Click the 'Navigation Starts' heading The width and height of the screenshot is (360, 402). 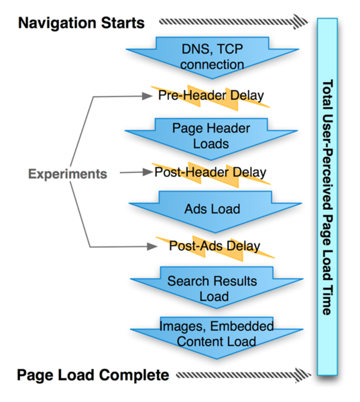(81, 23)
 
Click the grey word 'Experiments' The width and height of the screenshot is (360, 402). (67, 174)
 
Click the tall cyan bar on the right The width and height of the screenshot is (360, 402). (328, 195)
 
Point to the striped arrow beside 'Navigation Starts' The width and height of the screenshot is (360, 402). (228, 22)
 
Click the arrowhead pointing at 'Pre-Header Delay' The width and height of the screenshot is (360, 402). (149, 96)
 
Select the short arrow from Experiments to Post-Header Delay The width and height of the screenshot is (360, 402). (134, 173)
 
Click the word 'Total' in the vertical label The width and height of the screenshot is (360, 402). (328, 94)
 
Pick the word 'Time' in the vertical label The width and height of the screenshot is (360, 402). (328, 301)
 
